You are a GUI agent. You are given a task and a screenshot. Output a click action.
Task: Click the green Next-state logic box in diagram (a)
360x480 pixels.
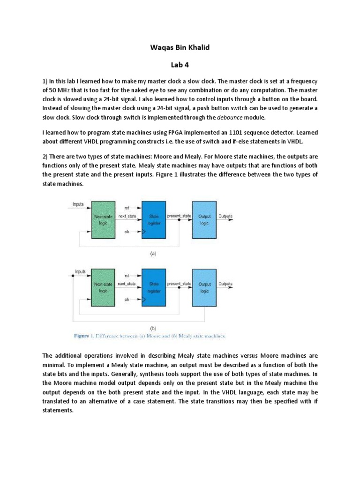click(x=104, y=219)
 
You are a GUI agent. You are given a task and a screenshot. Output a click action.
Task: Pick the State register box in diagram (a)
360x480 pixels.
click(x=154, y=219)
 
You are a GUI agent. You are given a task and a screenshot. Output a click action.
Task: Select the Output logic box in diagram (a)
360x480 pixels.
click(x=205, y=219)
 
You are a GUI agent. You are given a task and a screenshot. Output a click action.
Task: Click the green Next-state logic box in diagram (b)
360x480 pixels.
click(x=104, y=287)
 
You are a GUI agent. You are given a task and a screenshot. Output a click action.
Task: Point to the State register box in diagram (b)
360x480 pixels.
click(x=154, y=287)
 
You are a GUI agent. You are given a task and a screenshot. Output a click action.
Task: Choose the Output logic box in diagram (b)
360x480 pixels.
click(x=205, y=287)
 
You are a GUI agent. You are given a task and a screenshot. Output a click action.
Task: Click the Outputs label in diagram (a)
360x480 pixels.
click(x=226, y=216)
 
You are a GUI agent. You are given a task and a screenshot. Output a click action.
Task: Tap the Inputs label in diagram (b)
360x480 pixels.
click(x=81, y=271)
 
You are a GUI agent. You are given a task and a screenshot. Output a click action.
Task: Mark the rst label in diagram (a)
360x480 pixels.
click(x=127, y=207)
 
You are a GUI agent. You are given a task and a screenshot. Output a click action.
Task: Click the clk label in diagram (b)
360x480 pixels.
click(x=127, y=299)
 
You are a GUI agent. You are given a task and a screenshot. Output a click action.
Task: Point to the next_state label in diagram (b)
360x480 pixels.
click(x=127, y=284)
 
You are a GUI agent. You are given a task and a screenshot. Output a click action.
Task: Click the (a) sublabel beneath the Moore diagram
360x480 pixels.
click(x=153, y=254)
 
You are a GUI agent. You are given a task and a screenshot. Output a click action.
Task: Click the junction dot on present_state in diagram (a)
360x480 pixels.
click(x=180, y=219)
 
